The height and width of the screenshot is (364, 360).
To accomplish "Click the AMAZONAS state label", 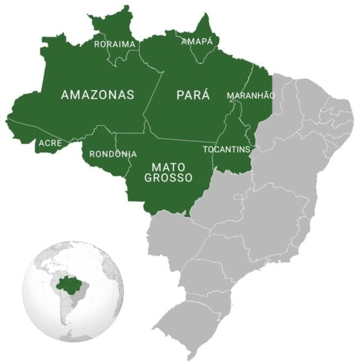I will coord(98,95).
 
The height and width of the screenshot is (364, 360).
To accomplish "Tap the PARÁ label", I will coord(193,95).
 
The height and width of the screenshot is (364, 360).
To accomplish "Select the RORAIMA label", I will coord(115,44).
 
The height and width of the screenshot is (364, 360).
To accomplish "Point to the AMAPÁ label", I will coord(196,41).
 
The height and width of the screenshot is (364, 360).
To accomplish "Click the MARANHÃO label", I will coord(251,95).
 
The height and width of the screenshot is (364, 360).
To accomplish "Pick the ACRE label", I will coord(50,143).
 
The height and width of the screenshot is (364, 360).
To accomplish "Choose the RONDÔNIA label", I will coord(113,154).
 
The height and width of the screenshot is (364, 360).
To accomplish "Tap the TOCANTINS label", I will coord(226,149).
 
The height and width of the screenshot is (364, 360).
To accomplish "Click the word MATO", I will coord(168,167).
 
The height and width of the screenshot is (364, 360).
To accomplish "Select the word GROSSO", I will coord(168,178).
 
